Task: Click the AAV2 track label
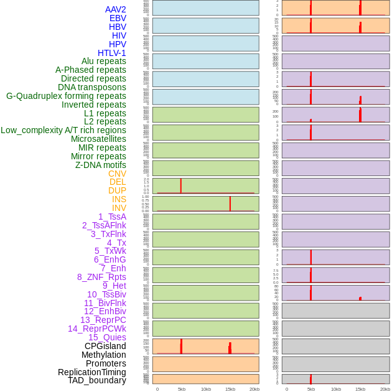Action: [116, 9]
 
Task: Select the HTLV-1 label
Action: [112, 53]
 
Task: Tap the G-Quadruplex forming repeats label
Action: [66, 96]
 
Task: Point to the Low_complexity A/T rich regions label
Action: [63, 130]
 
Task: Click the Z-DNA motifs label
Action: [101, 165]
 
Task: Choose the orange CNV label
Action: [117, 174]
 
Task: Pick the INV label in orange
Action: [119, 208]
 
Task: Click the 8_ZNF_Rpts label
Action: [101, 277]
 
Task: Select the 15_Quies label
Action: [107, 337]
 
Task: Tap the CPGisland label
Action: [105, 346]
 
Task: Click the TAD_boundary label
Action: [97, 380]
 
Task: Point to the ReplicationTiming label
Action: [92, 372]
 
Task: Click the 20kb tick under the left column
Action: [254, 389]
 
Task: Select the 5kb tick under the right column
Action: [310, 389]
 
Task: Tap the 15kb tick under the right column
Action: [360, 389]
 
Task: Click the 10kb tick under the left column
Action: [206, 389]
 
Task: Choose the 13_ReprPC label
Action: [103, 320]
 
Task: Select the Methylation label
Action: [103, 355]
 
